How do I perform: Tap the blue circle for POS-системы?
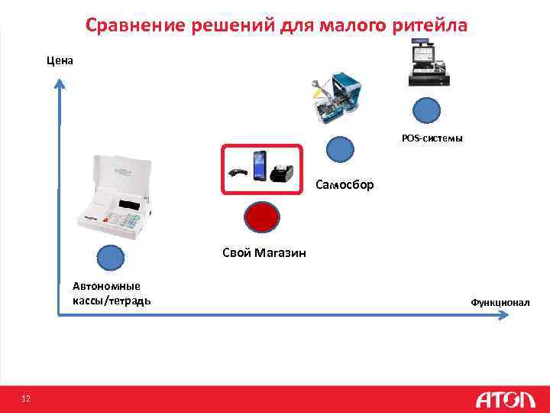(426, 111)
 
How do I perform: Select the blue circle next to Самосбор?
(341, 149)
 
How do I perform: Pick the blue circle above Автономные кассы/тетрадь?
(112, 259)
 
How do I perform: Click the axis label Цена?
(60, 60)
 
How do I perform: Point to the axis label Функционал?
(500, 303)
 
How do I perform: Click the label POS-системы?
(432, 138)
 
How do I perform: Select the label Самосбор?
(345, 184)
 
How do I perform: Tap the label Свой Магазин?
(264, 253)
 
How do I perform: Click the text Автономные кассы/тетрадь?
(112, 293)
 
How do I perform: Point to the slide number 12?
(26, 398)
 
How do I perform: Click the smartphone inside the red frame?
(260, 167)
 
